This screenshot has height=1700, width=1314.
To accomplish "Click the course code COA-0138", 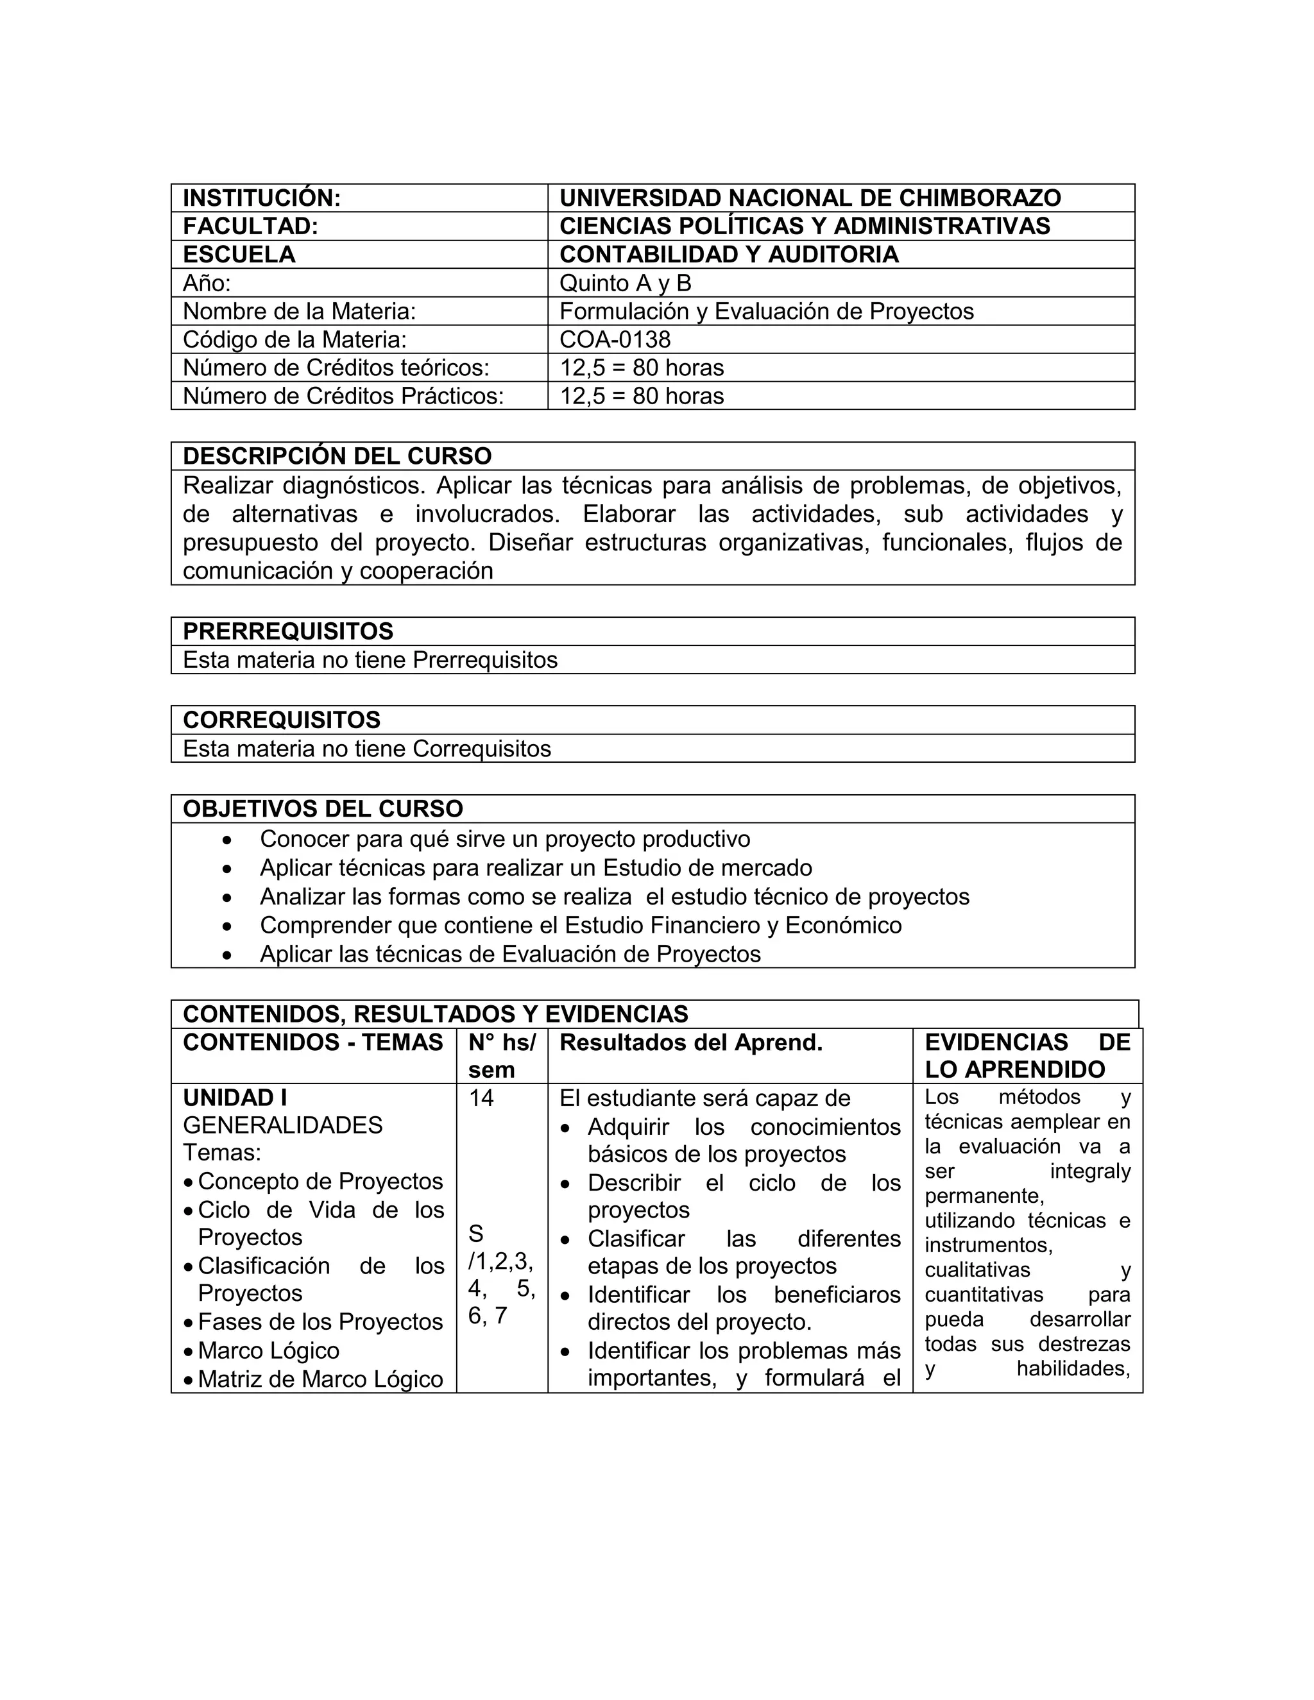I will coord(615,339).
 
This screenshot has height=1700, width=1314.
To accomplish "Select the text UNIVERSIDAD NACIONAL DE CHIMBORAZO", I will coord(810,198).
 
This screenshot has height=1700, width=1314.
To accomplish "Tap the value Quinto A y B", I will coord(625,282).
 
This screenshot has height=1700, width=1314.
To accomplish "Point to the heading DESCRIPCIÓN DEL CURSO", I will coord(337,456).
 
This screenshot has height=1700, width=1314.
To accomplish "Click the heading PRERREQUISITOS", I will coord(288,631).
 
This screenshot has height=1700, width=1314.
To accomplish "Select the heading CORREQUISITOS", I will coord(282,720).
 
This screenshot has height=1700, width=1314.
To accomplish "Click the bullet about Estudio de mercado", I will coord(536,868).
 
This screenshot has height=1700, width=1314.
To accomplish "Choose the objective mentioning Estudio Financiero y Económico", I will coord(580,926).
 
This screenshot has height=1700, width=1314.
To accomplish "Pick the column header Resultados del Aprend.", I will coord(690,1043).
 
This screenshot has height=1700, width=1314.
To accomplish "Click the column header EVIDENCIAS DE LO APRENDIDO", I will coord(1027,1057).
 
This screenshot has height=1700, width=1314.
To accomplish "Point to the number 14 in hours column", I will coord(481,1098).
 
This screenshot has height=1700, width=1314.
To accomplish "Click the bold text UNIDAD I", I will coord(235,1098).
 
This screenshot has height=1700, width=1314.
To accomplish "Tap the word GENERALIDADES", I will coord(282,1126).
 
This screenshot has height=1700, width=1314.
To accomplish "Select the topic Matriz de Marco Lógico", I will coord(320,1379).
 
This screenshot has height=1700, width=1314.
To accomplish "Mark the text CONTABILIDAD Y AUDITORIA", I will coord(729,255).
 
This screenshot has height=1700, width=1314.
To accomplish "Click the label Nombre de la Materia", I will coord(299,311).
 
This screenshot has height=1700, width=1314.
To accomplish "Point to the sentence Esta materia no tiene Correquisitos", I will coord(366,749).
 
